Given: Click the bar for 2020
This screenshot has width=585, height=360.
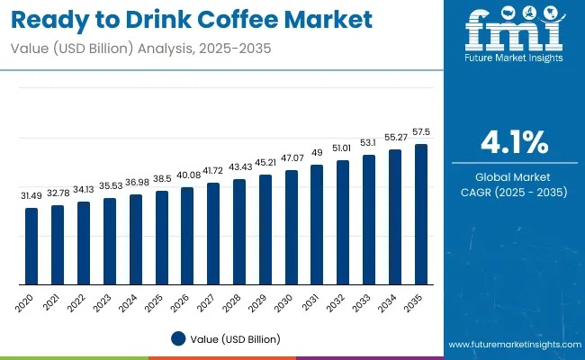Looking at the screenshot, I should (31, 244).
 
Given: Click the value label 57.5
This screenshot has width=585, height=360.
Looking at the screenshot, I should (420, 132).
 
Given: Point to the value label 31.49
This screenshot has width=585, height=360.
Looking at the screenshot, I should (31, 196).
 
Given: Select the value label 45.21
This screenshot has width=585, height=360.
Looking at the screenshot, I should (265, 163).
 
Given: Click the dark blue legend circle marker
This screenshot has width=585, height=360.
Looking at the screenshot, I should (178, 338).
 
